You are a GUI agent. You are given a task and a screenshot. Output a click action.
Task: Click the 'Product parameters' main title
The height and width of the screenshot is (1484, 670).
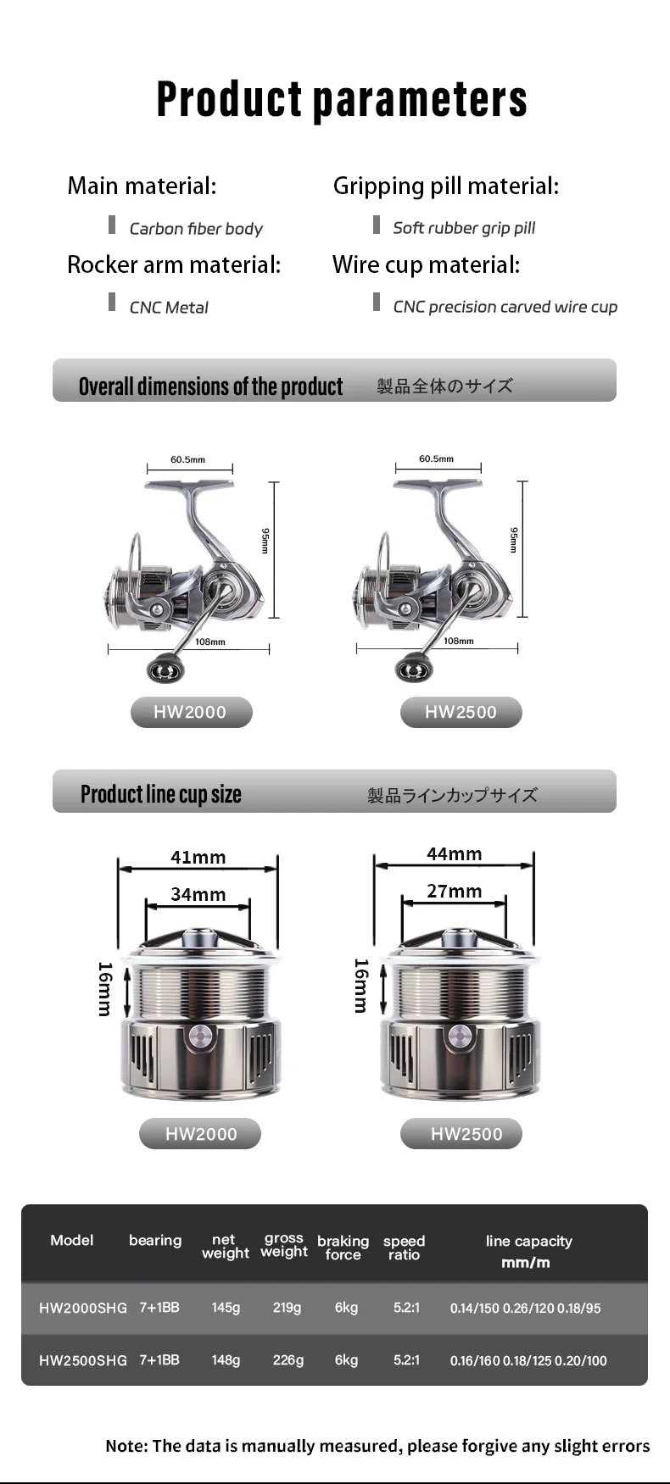(x=342, y=100)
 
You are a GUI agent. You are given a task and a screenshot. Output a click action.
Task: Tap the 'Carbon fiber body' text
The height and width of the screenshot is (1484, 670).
(x=196, y=229)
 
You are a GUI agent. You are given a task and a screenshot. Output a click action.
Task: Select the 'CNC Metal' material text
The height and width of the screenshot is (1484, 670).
(x=169, y=308)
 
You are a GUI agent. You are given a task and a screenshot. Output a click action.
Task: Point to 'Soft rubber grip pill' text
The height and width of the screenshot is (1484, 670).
(x=464, y=228)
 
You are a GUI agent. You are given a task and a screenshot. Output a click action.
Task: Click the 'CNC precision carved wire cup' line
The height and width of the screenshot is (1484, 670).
(x=505, y=307)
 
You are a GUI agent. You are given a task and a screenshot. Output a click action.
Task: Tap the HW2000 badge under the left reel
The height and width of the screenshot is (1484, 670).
(x=191, y=712)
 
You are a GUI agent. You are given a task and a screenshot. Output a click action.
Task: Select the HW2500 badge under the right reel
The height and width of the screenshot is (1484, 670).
(x=461, y=712)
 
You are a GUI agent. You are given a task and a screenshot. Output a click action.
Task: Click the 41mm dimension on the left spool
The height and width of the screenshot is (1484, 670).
(x=198, y=857)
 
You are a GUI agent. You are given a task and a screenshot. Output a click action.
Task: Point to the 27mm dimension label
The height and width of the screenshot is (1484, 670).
(x=455, y=891)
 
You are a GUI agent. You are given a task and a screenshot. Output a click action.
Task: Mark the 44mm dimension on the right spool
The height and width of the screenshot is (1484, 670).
(x=455, y=853)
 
